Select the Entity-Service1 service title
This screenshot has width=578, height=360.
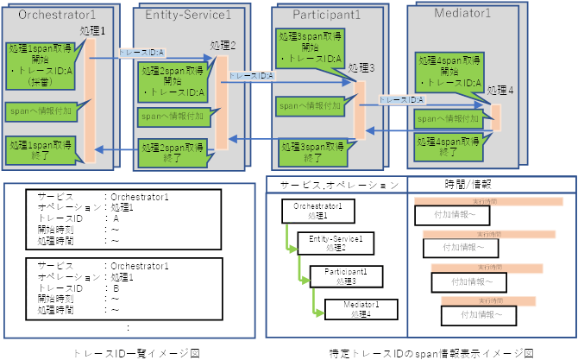(188, 16)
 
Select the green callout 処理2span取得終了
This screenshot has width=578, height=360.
(171, 153)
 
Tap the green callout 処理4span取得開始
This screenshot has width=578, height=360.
(446, 73)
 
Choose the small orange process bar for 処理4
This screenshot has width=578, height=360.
(496, 114)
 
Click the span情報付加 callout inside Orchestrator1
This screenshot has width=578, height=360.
(41, 111)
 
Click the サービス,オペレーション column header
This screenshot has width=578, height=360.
(332, 184)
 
